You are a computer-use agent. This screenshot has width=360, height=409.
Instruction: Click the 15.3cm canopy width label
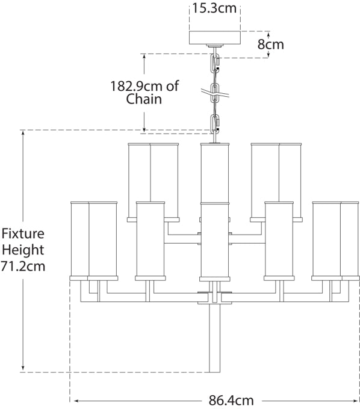click(x=214, y=8)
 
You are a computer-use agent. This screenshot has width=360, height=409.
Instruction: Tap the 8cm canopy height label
click(x=271, y=45)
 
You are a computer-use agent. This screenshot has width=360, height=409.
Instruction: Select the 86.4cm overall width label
click(x=231, y=401)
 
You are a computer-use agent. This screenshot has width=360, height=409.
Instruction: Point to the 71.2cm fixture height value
click(x=23, y=266)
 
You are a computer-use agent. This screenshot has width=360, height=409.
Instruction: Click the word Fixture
click(x=23, y=233)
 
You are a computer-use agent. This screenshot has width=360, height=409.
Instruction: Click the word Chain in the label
click(x=144, y=99)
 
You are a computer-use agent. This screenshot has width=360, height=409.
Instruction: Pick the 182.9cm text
click(x=137, y=86)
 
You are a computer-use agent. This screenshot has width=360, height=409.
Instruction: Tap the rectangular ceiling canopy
click(x=215, y=37)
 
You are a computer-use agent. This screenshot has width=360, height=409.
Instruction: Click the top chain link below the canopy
click(x=215, y=61)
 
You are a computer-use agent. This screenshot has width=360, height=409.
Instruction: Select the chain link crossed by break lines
click(x=215, y=92)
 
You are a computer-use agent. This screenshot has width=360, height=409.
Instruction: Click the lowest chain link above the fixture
click(x=215, y=123)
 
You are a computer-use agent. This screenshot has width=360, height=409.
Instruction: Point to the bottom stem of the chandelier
click(x=214, y=338)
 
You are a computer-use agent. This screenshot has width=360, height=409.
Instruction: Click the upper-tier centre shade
click(x=214, y=172)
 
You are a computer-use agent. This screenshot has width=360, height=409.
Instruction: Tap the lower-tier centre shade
click(x=214, y=241)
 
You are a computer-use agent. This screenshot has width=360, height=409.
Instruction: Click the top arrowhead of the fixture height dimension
click(x=23, y=133)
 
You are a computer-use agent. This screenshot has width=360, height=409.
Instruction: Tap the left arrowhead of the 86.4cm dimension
click(x=77, y=401)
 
